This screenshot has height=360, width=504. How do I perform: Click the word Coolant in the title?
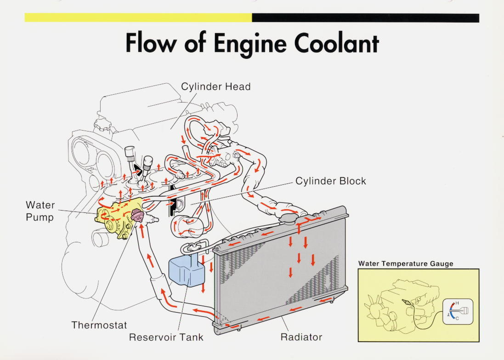tap(337, 43)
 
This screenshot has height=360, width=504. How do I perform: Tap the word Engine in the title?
tap(249, 44)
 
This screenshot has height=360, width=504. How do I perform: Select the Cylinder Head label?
tap(215, 86)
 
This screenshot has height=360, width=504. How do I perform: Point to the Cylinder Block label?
tap(330, 181)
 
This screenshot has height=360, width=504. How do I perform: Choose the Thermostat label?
tap(99, 325)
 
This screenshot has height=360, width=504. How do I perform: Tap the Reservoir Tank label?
tap(166, 337)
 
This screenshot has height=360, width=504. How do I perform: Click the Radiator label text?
tap(301, 337)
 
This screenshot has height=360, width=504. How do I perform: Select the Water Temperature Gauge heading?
tap(406, 264)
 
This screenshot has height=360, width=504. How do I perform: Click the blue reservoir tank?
tap(183, 272)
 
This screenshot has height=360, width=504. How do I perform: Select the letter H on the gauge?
tap(457, 303)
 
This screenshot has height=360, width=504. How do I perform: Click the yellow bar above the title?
tap(138, 18)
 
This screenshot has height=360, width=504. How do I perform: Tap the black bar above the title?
tap(365, 18)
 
